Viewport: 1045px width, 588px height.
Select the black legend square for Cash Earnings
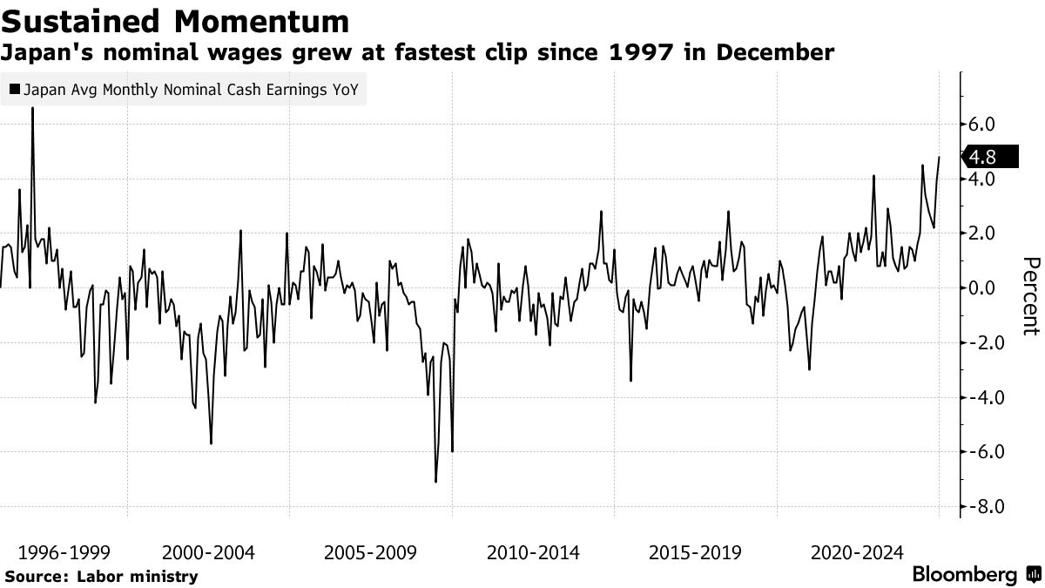point(14,89)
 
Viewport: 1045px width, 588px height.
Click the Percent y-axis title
point(1031,296)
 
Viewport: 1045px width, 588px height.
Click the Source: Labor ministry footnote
point(101,576)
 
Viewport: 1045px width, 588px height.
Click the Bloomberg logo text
point(964,575)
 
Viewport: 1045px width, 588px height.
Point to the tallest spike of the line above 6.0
point(32,108)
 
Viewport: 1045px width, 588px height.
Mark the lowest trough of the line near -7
point(435,481)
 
